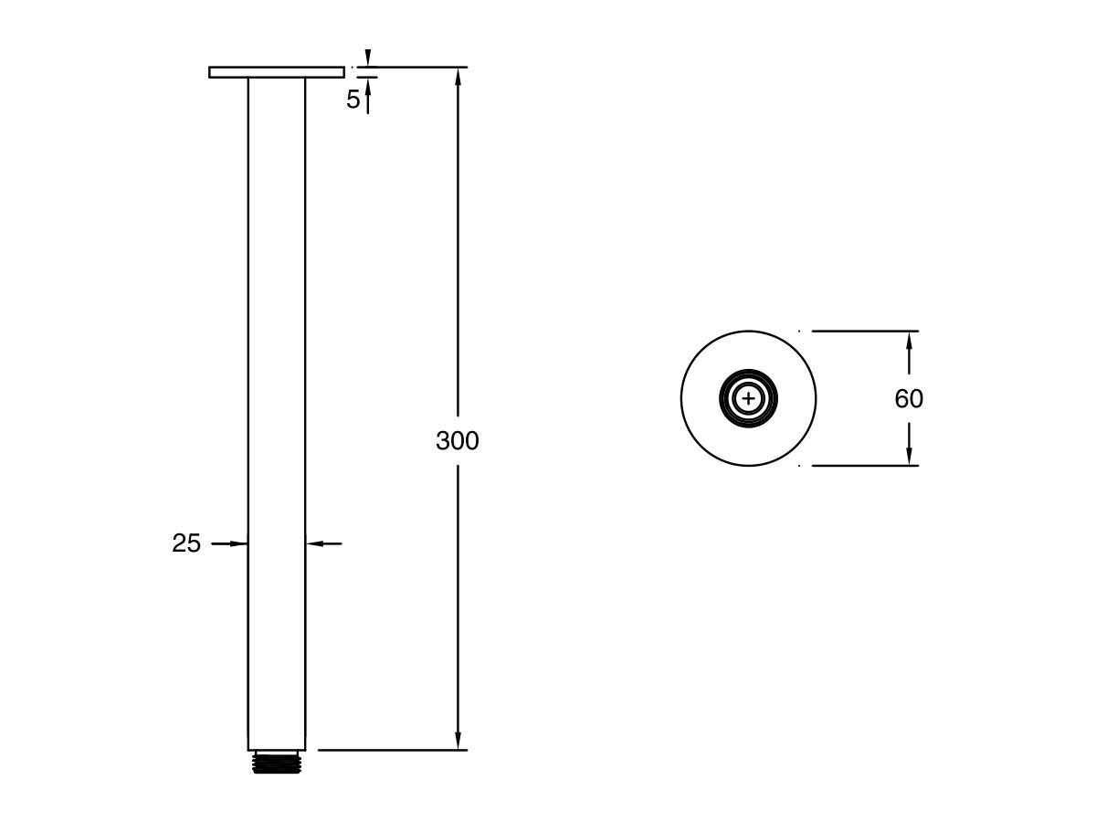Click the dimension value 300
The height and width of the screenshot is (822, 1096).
457,441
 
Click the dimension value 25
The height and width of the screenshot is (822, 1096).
186,543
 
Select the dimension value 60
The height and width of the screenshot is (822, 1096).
909,399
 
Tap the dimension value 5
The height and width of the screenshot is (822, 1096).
353,100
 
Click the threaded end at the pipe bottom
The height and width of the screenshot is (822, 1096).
277,763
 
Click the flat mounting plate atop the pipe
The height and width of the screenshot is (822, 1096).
276,72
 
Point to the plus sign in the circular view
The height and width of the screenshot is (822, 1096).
749,398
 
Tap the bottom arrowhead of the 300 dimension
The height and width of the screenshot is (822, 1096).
458,741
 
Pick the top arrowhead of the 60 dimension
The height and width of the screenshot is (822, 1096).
909,340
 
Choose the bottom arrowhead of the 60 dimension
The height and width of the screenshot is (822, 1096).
909,456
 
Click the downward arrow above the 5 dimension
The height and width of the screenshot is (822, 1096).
368,58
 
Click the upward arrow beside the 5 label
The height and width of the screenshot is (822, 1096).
368,87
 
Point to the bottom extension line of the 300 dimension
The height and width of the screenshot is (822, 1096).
393,750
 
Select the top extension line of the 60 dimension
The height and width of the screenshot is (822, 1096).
863,331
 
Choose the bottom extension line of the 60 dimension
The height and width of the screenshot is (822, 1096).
863,466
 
